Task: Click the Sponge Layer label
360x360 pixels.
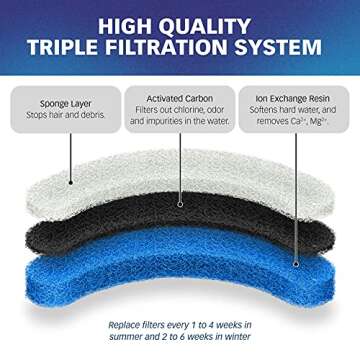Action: pyautogui.click(x=59, y=101)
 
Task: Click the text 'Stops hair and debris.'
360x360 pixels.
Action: pyautogui.click(x=59, y=114)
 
